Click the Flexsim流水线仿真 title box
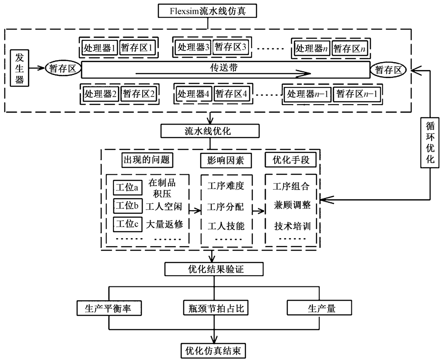tap(207, 11)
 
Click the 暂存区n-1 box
tap(357, 94)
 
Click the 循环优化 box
tap(429, 141)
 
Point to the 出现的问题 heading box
tap(145, 159)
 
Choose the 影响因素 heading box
tap(225, 159)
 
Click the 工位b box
tap(127, 206)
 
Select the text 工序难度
tap(225, 186)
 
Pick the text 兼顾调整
tap(291, 206)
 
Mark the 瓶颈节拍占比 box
tap(215, 308)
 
